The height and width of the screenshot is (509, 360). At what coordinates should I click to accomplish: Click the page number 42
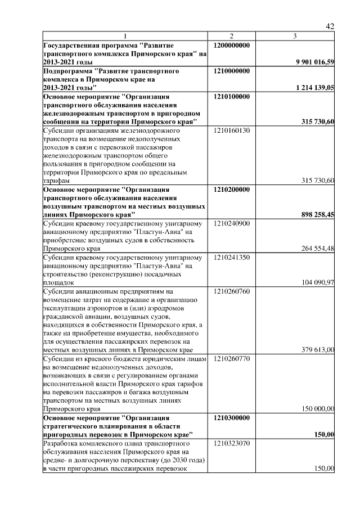(330, 26)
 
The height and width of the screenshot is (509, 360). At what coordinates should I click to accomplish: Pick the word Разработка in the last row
(61, 444)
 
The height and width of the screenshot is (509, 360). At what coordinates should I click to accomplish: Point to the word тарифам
(56, 181)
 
